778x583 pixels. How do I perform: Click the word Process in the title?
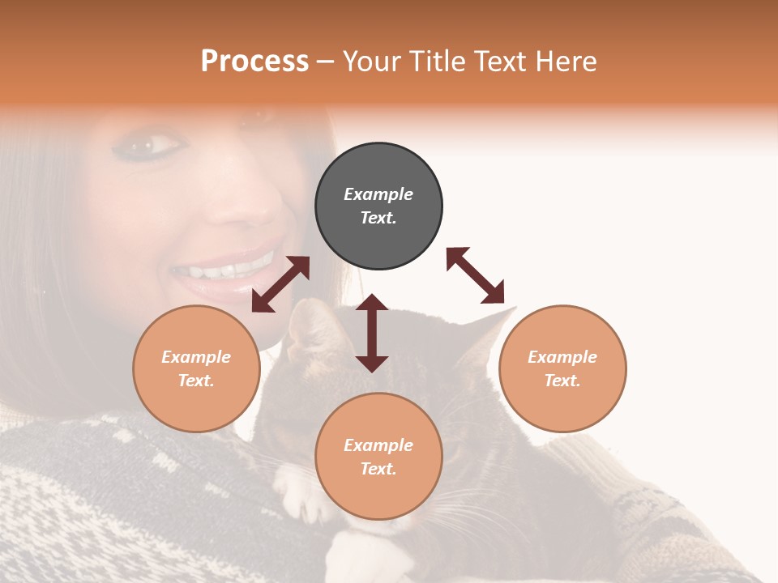254,62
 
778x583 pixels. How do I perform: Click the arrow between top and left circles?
280,284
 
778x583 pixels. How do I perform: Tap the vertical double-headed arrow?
372,333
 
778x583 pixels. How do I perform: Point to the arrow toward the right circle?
475,275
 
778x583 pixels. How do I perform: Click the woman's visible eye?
154,147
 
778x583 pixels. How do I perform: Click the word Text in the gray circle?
378,218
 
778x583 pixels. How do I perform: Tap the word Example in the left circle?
196,357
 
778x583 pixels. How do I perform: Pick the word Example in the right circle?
562,357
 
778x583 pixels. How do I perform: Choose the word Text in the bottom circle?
378,469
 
